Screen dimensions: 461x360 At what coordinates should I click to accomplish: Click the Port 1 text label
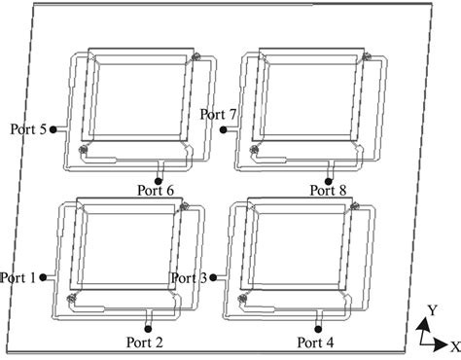tap(18, 278)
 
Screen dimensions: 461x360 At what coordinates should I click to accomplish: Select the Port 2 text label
tap(144, 342)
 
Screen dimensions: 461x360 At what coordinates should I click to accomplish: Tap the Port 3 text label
tap(189, 278)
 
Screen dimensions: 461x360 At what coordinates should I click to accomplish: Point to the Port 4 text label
tap(315, 342)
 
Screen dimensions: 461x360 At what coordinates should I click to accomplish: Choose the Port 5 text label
tap(28, 129)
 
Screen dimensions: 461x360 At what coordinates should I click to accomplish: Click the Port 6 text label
tap(156, 190)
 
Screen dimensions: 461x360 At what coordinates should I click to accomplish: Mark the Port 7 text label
tap(218, 114)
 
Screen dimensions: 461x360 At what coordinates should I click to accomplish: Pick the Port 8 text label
tap(328, 190)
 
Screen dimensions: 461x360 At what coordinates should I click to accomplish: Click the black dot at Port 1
tap(43, 277)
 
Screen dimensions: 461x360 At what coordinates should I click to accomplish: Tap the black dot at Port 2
tap(148, 329)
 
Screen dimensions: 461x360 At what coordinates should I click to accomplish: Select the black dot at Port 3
tap(213, 277)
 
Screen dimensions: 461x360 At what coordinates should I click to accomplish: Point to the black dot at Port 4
tap(318, 329)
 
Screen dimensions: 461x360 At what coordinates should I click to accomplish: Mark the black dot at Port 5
tap(53, 129)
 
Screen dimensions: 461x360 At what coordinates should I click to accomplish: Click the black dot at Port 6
tap(159, 181)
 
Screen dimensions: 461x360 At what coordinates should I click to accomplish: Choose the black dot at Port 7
tap(223, 129)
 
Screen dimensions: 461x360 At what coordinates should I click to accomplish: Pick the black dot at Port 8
tap(329, 181)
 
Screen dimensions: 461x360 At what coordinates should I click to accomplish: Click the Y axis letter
tap(433, 310)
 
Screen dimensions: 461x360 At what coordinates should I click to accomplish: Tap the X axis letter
tap(455, 346)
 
